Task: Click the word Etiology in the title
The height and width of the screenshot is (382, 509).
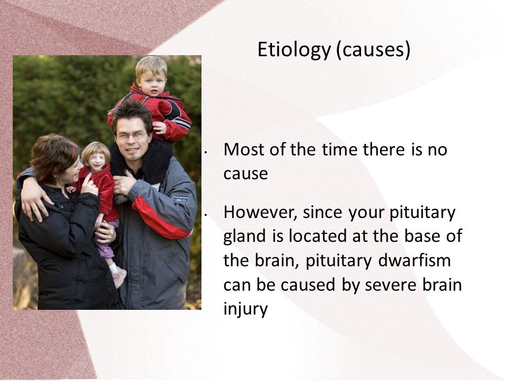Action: tap(294, 50)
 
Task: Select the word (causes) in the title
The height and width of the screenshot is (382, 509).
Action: tap(373, 50)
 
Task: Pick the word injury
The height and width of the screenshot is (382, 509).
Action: tap(245, 309)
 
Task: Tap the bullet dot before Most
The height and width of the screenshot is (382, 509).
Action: tap(206, 152)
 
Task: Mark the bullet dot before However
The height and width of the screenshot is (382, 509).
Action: tap(206, 215)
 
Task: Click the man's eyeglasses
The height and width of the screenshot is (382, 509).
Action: tap(131, 135)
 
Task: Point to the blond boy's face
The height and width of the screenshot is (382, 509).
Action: tap(152, 82)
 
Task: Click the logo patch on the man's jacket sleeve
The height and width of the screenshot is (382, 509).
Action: tap(180, 198)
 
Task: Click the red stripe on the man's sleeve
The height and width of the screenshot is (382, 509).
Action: tap(159, 219)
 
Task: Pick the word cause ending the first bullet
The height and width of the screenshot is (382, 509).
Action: tap(245, 175)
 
